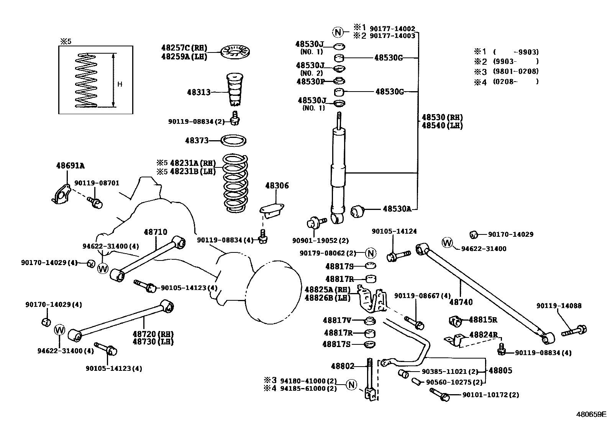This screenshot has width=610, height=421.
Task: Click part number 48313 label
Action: [198, 92]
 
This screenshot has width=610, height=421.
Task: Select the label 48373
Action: [197, 141]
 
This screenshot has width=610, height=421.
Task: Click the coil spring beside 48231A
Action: [235, 183]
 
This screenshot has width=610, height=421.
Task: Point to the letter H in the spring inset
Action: [120, 84]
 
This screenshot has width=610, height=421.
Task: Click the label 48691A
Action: [70, 166]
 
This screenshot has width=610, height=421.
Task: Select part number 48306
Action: [277, 186]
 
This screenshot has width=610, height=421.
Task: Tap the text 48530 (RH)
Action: [442, 118]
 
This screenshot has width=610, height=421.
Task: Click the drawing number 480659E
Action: [592, 414]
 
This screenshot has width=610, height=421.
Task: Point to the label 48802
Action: [343, 366]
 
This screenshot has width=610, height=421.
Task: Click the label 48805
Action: [500, 370]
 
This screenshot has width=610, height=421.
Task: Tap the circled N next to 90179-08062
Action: [370, 253]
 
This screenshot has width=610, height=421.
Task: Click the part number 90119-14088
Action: [559, 306]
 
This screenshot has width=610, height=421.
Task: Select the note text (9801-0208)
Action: [516, 71]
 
